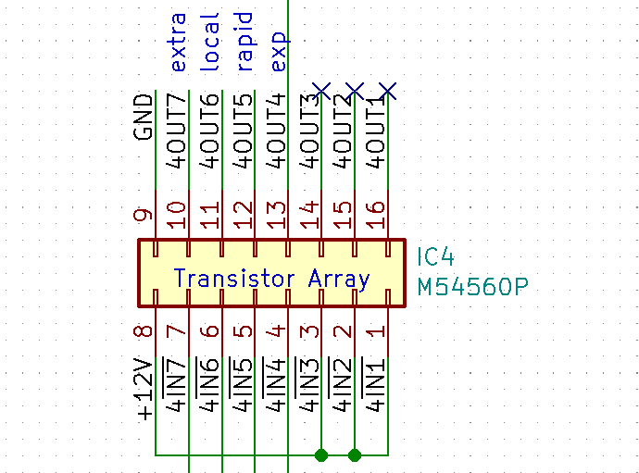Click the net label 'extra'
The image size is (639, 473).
[178, 42]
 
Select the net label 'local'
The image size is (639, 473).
[211, 42]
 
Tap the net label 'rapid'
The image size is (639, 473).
[244, 43]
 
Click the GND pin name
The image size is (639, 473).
[144, 117]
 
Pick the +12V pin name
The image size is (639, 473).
[144, 389]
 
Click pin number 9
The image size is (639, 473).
[144, 216]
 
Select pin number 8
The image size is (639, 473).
[144, 330]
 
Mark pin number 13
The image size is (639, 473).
[277, 215]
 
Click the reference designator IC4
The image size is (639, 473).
[436, 256]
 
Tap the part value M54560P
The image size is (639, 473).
[472, 287]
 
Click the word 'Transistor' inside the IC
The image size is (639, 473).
[237, 278]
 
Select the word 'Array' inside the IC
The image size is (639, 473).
[339, 278]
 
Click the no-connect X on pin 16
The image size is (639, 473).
[388, 91]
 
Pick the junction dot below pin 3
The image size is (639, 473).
[321, 454]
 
